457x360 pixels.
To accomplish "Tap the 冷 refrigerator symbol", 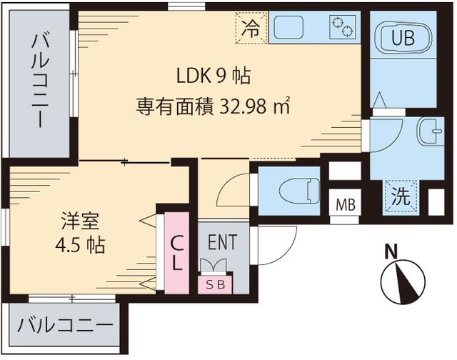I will [250, 29].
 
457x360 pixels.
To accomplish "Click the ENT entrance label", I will [222, 241].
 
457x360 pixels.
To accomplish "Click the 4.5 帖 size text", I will [80, 245].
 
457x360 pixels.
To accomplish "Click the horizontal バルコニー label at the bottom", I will [65, 326].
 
